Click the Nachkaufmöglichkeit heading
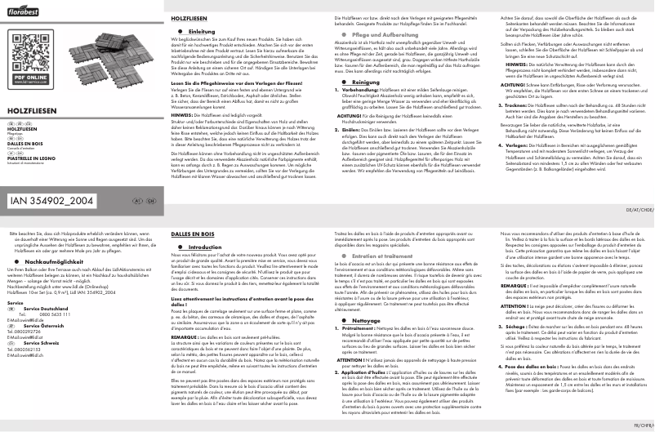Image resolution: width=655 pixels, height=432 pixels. [56, 261]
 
